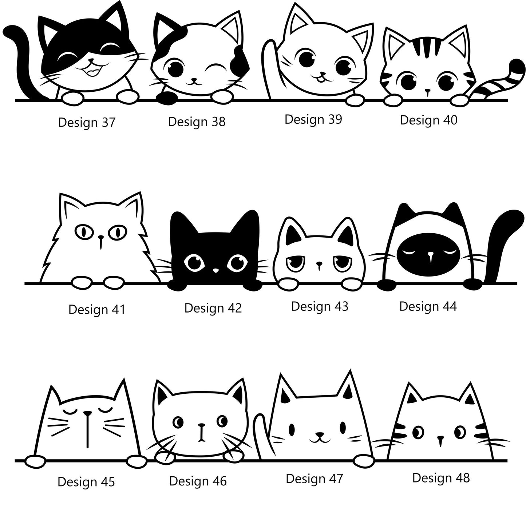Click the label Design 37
pos(87,123)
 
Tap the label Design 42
pos(213,308)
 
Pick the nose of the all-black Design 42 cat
pos(215,270)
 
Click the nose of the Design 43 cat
pos(319,263)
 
